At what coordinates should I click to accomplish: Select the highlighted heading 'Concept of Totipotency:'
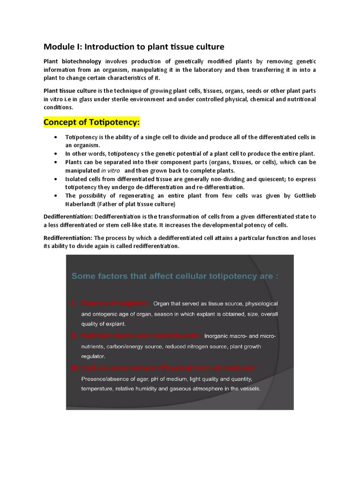click(92, 122)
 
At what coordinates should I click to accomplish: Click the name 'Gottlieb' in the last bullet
click(303, 195)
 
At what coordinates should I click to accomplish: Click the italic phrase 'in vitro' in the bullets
click(110, 170)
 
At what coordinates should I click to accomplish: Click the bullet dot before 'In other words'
click(56, 154)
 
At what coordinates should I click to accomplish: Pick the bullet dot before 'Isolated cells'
click(56, 179)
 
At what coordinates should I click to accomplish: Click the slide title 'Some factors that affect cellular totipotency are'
click(174, 276)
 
